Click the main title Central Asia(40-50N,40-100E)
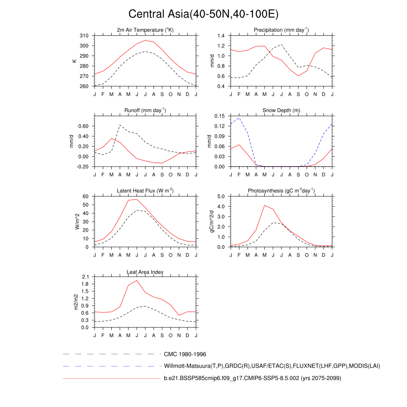click(203, 14)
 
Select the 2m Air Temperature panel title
click(145, 30)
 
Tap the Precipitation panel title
click(281, 30)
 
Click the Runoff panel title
click(145, 110)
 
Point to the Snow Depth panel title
click(281, 110)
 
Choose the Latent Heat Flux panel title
click(145, 191)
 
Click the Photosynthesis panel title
click(281, 191)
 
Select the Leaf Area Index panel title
click(145, 272)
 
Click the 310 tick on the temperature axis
click(84, 36)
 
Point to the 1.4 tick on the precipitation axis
click(221, 36)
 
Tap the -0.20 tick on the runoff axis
click(82, 167)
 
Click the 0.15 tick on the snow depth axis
click(220, 116)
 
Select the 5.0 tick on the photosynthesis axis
click(221, 196)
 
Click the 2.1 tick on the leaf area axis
click(85, 277)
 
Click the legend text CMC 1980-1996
click(185, 354)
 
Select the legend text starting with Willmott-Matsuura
click(272, 366)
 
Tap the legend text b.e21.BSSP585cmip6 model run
click(252, 378)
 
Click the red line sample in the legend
click(111, 378)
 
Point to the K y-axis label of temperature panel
click(74, 61)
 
